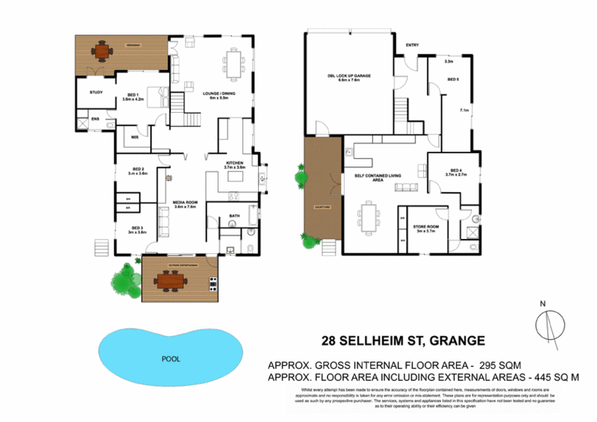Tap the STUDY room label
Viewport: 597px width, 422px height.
[96, 93]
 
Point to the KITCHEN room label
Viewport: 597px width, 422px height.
[236, 164]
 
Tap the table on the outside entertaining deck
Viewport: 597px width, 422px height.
[172, 281]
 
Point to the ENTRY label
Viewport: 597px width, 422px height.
[411, 46]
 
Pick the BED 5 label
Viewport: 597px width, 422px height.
[453, 78]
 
